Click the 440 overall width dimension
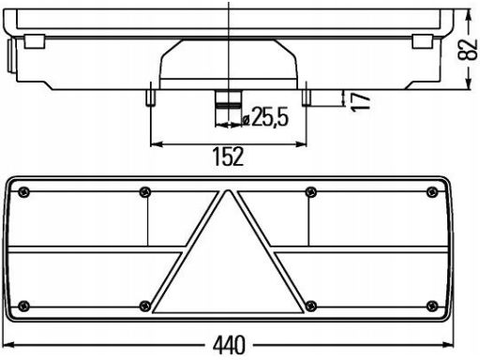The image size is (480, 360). [230, 345]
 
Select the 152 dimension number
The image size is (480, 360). [228, 157]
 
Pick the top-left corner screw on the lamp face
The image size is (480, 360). [22, 192]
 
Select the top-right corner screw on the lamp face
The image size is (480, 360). [432, 192]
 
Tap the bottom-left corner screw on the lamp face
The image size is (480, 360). [22, 305]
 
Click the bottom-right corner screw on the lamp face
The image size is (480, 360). [432, 305]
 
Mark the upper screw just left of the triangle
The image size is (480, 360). [143, 192]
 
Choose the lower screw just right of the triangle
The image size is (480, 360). [309, 305]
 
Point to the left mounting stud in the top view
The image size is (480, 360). [149, 97]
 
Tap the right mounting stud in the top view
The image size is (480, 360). [306, 97]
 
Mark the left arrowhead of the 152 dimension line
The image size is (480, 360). [154, 143]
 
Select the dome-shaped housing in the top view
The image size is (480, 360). [228, 66]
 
